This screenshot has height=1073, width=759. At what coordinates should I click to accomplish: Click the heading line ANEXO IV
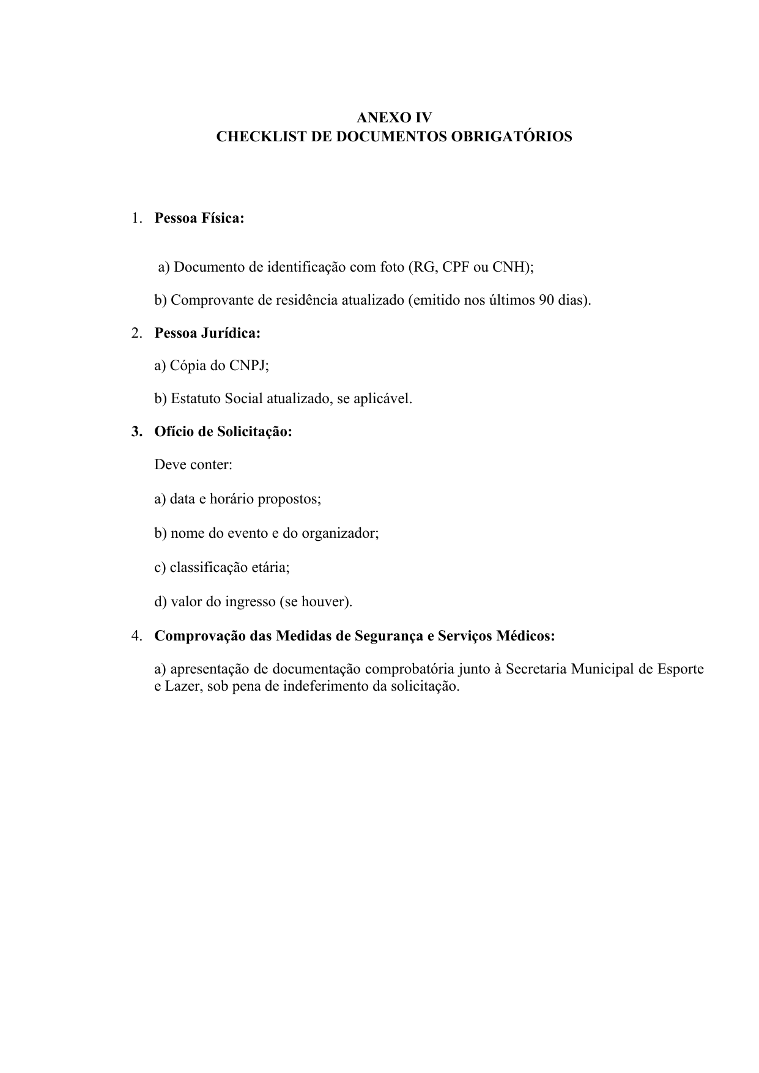click(394, 117)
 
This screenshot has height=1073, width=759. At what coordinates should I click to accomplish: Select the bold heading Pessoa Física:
click(199, 218)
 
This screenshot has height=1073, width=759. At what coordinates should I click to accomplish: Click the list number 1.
click(135, 218)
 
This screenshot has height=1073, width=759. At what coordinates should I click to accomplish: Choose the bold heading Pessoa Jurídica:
click(207, 333)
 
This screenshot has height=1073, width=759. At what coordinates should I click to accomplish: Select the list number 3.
click(135, 432)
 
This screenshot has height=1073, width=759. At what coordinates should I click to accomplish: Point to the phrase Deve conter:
click(193, 465)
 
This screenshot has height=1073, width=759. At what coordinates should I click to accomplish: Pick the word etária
click(270, 568)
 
